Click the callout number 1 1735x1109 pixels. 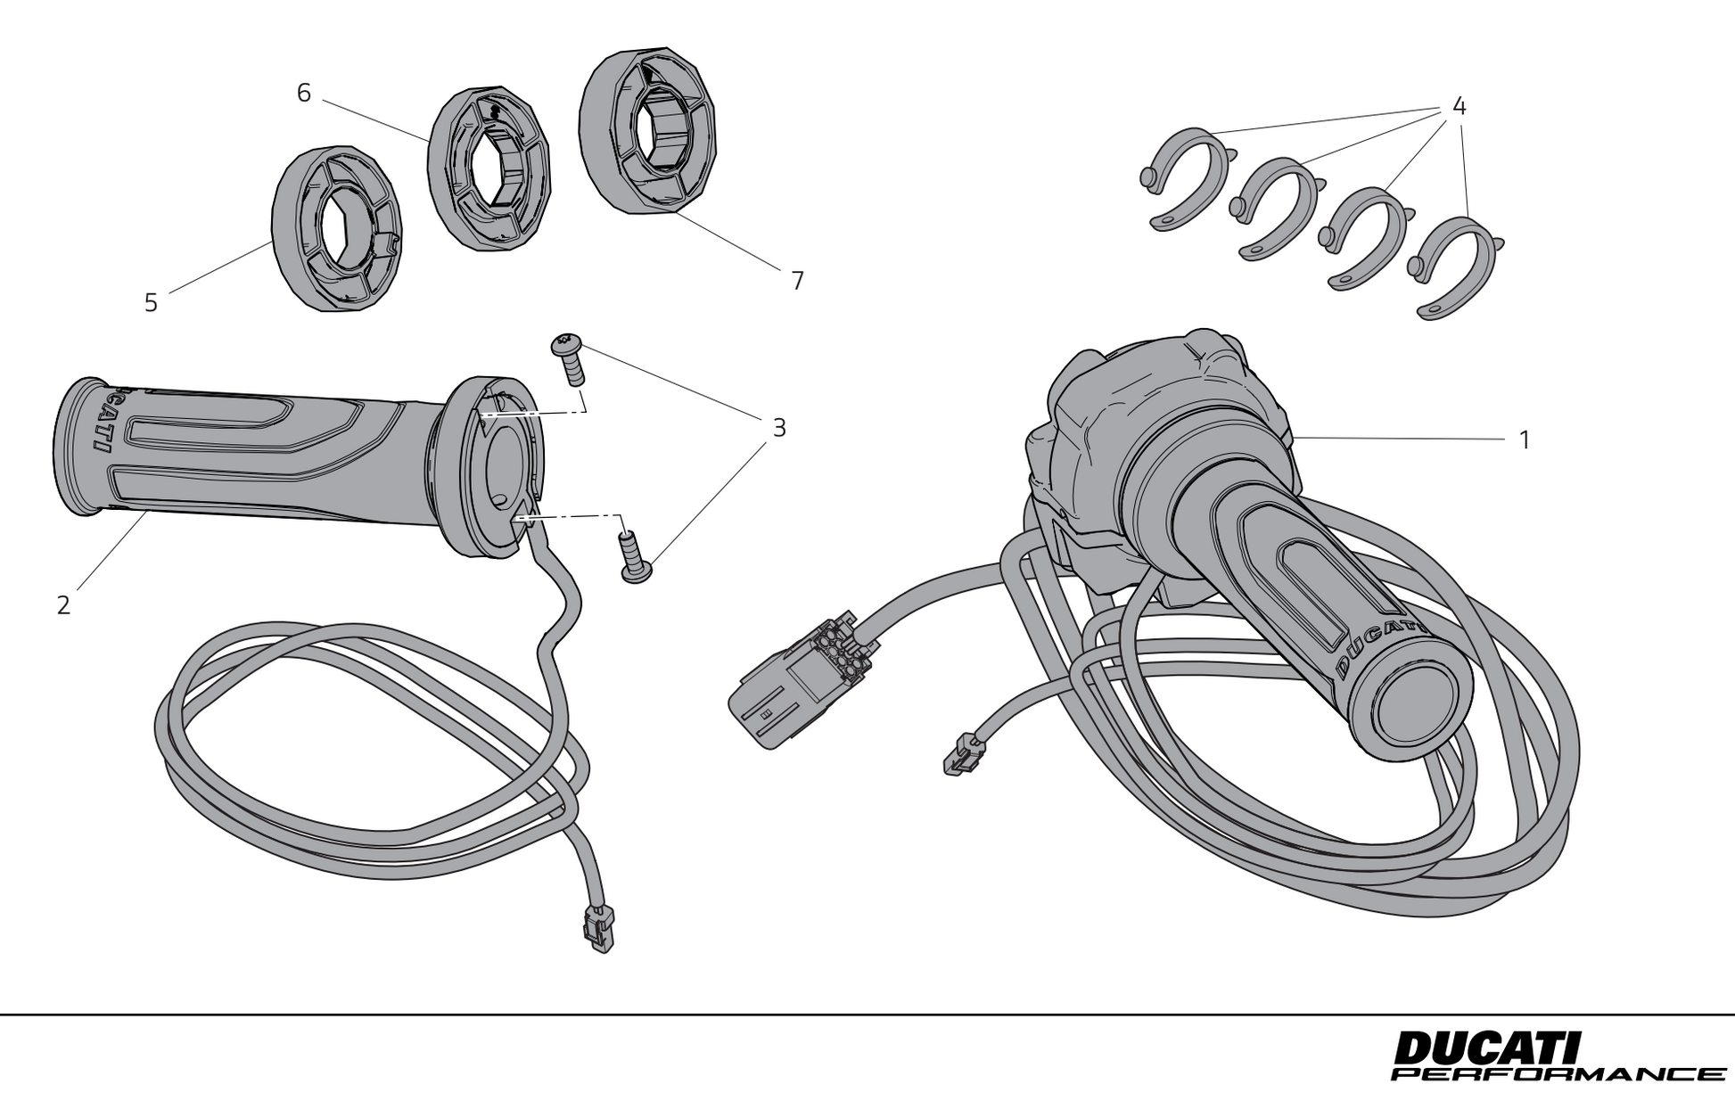coord(1525,440)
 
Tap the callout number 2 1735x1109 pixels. coord(63,605)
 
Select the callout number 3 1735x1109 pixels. coord(779,429)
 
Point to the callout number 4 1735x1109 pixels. coord(1459,107)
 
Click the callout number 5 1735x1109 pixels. coord(151,304)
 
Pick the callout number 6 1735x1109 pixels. coord(304,93)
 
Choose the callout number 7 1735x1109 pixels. coord(797,282)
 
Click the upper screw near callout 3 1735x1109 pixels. coord(571,357)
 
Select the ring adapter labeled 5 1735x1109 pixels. coord(337,229)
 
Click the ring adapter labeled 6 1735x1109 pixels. coord(489,169)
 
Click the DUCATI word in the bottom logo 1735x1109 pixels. coord(1485,1048)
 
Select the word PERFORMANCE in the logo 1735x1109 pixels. coord(1557,1074)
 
